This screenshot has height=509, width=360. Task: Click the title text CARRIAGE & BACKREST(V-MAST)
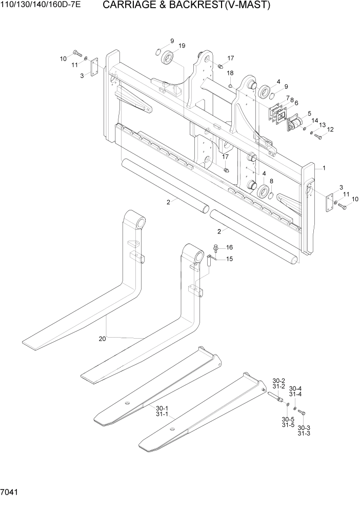[186, 6]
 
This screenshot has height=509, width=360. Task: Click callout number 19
[182, 47]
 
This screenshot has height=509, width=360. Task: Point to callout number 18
[230, 73]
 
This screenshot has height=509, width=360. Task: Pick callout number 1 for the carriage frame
[324, 168]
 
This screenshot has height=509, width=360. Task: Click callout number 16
[229, 247]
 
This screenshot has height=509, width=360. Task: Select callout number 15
[229, 259]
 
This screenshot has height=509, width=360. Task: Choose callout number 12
[330, 130]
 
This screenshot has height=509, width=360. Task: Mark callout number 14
[315, 120]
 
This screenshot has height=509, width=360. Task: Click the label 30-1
[163, 409]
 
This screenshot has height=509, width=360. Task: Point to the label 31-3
[304, 434]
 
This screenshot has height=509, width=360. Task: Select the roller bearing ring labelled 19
[167, 60]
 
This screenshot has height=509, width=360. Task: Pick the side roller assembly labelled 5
[296, 124]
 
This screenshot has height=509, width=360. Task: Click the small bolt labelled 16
[216, 249]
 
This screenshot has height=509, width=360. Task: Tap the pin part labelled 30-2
[277, 396]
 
